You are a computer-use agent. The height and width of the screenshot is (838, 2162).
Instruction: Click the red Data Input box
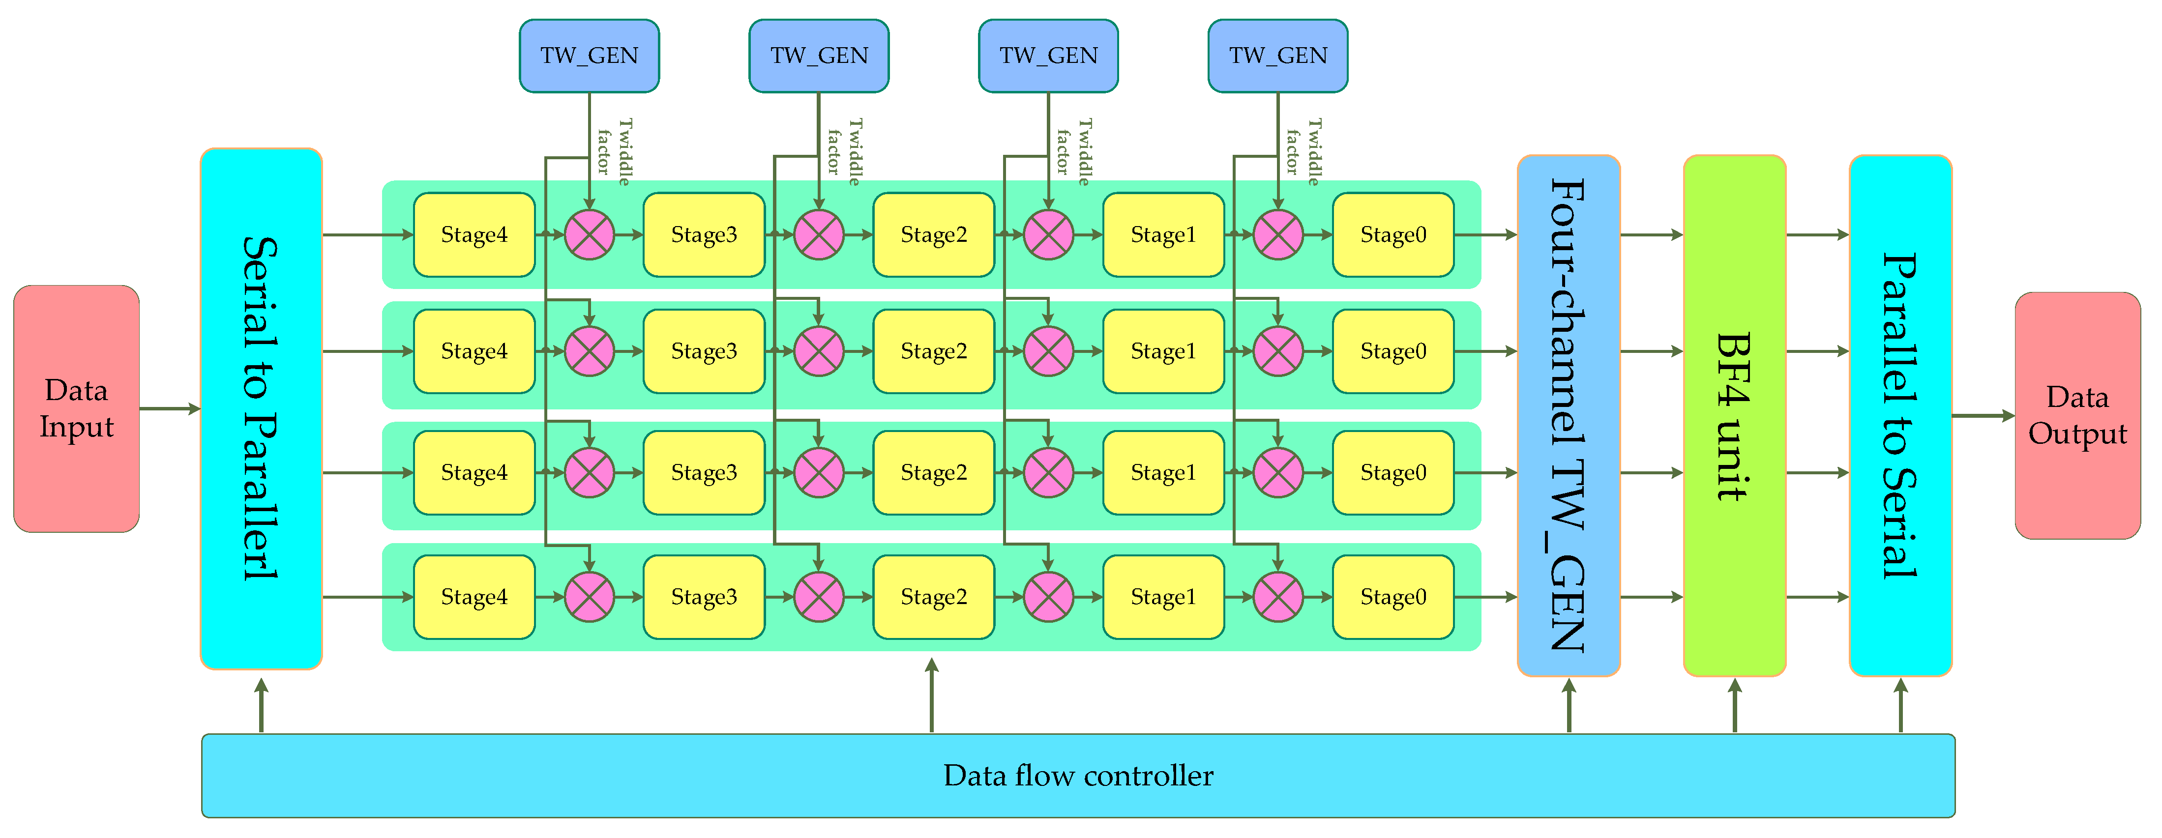pos(76,408)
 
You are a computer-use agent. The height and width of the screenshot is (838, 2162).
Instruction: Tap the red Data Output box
pos(2077,415)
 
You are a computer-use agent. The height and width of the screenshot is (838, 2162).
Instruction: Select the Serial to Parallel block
pos(261,408)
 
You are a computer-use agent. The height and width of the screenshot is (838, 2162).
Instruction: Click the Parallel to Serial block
pos(1900,415)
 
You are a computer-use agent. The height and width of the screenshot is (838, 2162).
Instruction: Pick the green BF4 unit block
pos(1734,415)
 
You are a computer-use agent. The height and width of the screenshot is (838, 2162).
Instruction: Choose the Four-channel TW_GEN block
pos(1568,415)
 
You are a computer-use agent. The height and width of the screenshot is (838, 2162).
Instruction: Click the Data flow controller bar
pos(1078,775)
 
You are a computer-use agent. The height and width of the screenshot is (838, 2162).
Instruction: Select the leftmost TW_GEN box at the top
pos(589,56)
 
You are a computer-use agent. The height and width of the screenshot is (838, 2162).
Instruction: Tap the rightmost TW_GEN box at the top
pos(1277,56)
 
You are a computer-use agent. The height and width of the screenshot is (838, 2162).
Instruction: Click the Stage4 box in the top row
pos(474,235)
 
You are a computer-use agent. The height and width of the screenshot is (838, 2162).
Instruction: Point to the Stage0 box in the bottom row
pos(1393,597)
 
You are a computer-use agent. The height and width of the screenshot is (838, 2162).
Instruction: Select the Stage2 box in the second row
pos(933,351)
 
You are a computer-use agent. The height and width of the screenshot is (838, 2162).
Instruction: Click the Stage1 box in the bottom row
pos(1163,597)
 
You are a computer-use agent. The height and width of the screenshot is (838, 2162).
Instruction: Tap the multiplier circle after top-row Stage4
pos(589,235)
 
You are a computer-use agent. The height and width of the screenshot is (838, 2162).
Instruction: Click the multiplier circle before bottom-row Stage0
pos(1277,597)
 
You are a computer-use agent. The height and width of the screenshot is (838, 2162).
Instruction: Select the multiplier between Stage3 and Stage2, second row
pos(818,351)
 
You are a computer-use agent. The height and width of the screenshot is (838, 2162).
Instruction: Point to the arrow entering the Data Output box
pos(1983,415)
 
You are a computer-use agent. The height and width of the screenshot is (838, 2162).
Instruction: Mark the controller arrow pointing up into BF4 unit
pos(1734,705)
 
